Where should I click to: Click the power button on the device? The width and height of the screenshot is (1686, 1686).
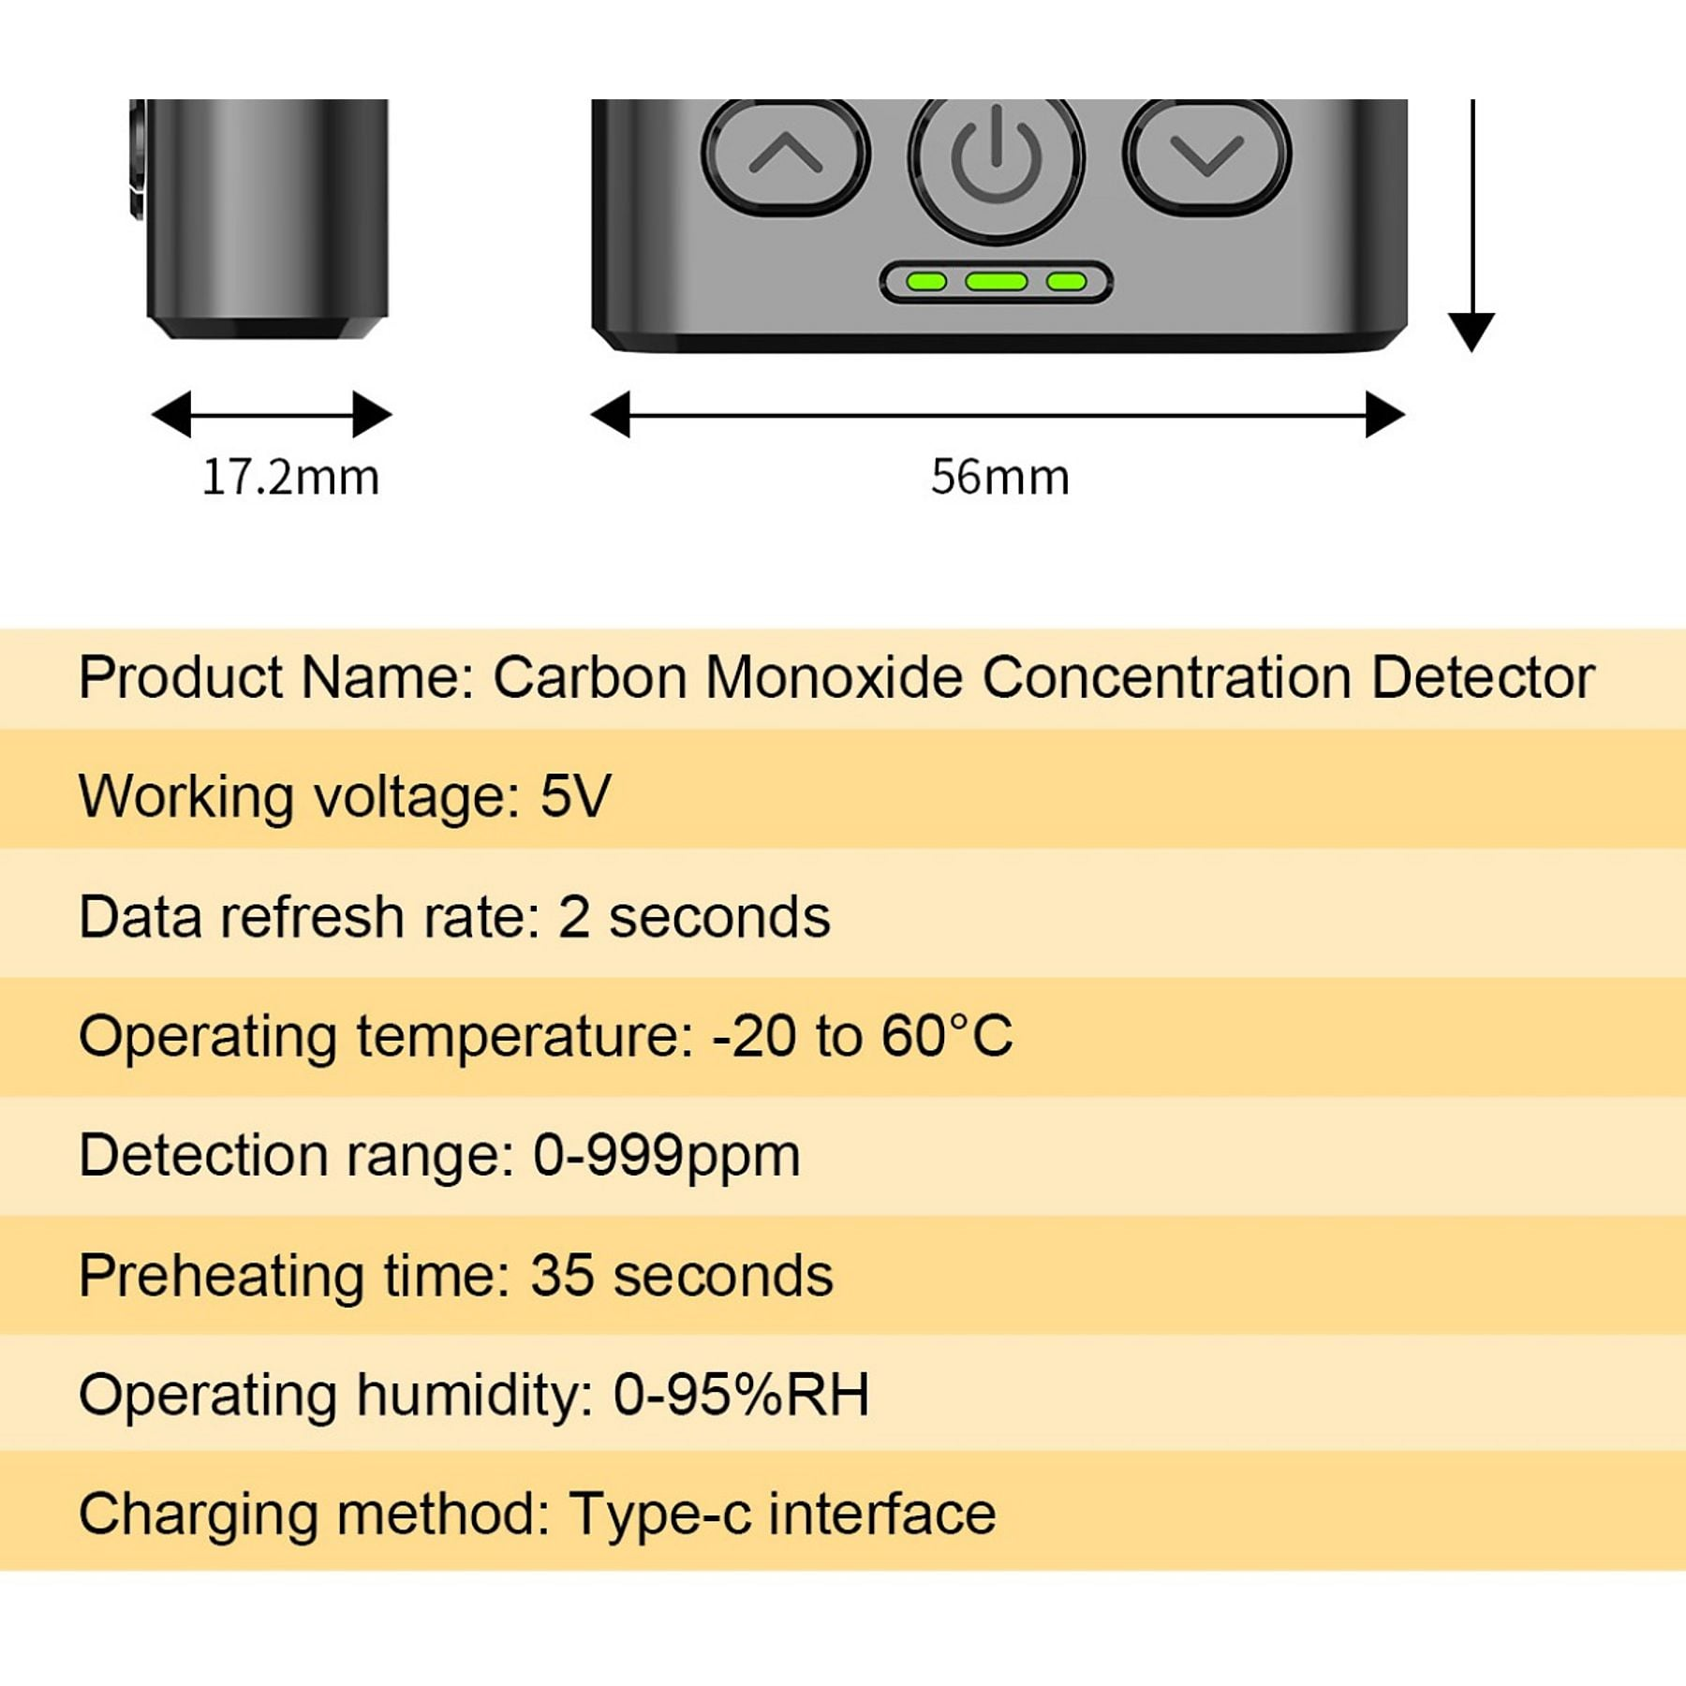996,164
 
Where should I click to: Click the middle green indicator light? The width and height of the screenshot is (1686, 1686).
996,281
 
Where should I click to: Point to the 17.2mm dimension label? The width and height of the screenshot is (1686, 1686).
290,477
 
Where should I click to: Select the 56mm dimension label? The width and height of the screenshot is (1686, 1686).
999,477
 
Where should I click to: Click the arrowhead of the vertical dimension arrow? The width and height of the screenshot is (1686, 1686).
1472,333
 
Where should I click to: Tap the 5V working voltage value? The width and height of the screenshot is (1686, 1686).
575,796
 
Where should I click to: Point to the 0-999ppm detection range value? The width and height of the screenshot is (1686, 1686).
667,1156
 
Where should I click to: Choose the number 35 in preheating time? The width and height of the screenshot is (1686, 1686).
562,1275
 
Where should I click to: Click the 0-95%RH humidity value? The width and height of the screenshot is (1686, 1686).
741,1395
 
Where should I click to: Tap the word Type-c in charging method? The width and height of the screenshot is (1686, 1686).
660,1515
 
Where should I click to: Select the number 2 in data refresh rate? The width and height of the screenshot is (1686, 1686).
574,916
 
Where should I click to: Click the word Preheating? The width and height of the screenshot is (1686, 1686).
221,1277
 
